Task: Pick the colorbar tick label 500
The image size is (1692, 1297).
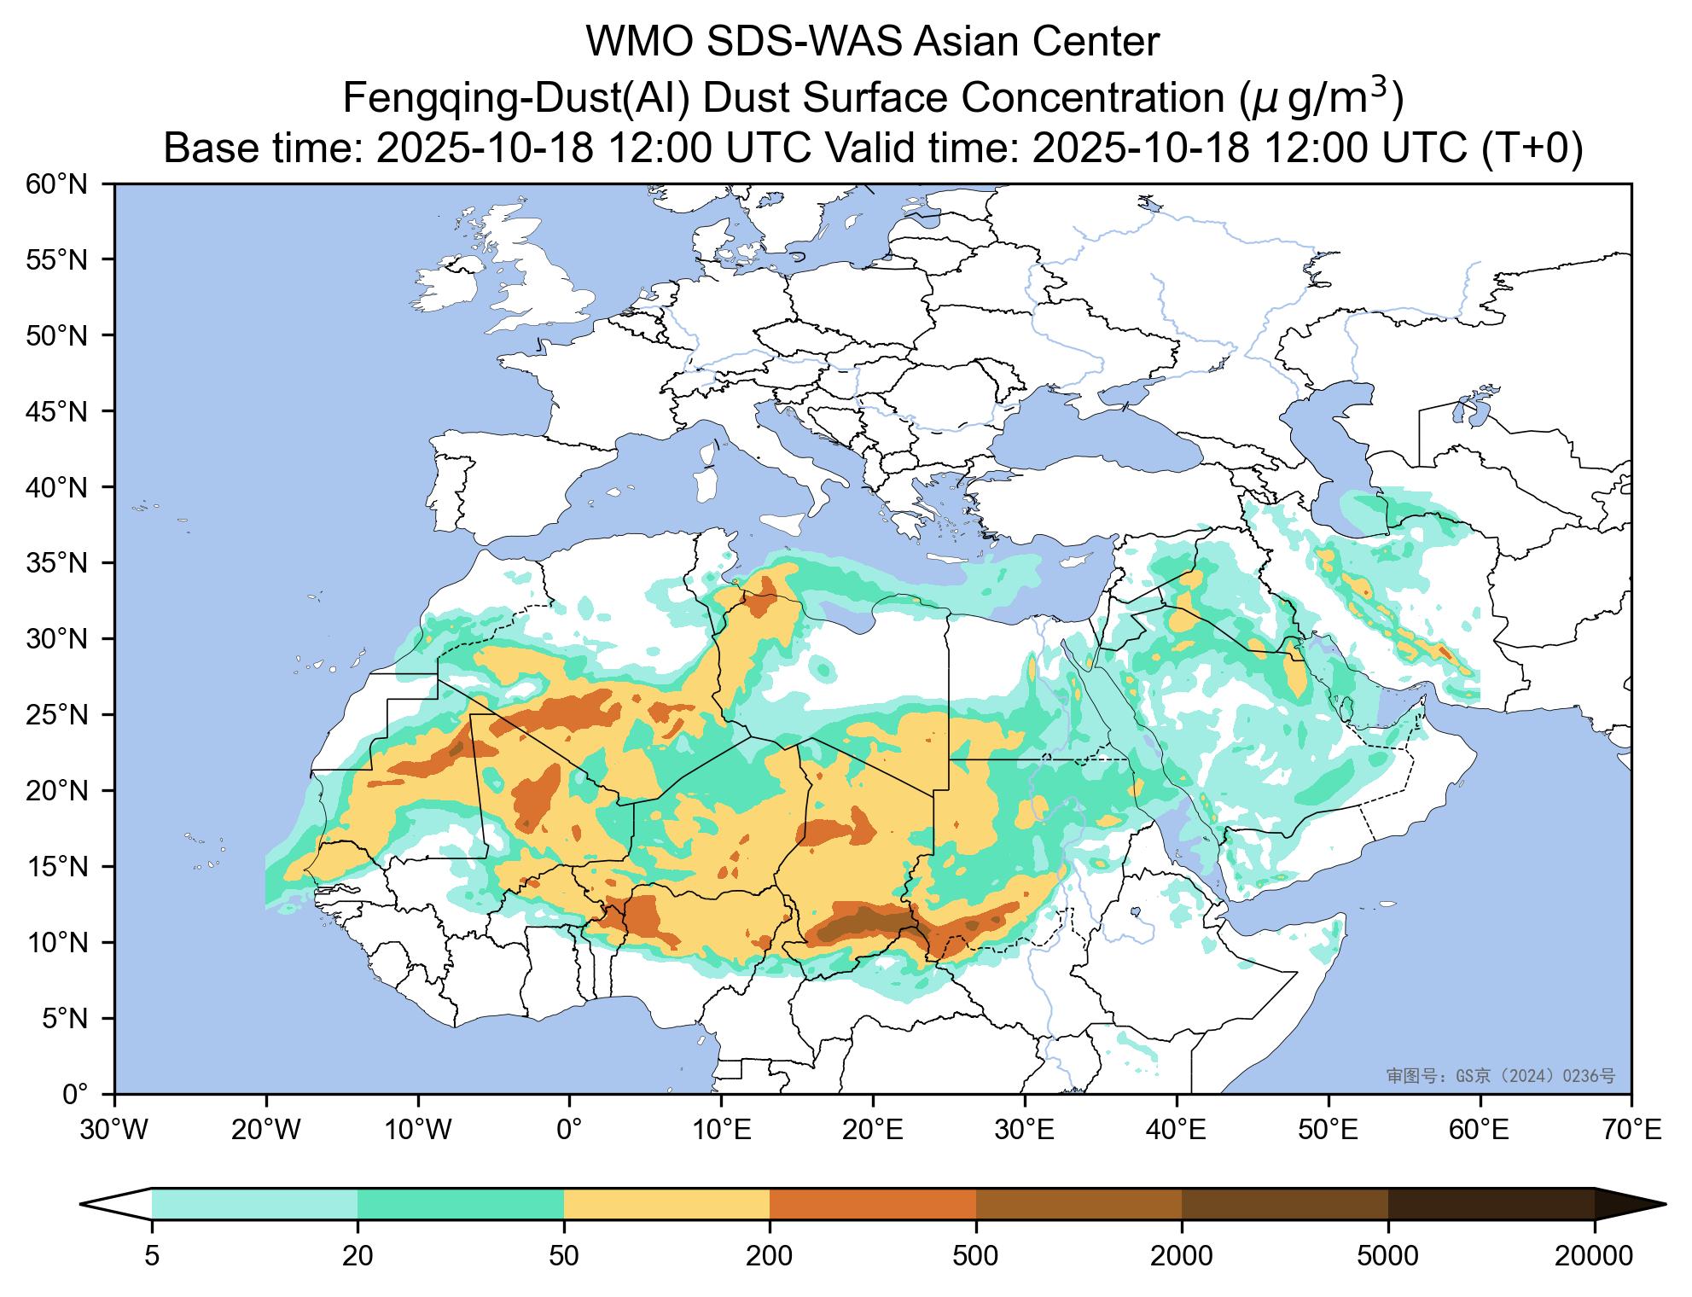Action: [x=975, y=1256]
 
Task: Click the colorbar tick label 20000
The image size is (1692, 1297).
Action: [x=1594, y=1256]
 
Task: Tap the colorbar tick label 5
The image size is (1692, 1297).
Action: [x=152, y=1256]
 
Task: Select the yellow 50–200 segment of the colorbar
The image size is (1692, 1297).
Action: [x=666, y=1204]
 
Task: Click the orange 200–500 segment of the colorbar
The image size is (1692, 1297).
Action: [x=872, y=1204]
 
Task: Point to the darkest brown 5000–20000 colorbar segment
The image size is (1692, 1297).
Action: [x=1491, y=1204]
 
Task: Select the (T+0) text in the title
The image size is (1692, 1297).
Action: [x=1532, y=148]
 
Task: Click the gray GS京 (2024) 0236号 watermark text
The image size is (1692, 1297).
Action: [x=1501, y=1077]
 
